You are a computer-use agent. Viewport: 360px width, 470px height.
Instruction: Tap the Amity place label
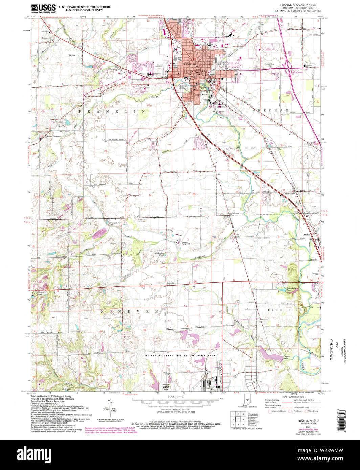306,234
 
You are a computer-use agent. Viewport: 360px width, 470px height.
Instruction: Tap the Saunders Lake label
282,289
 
